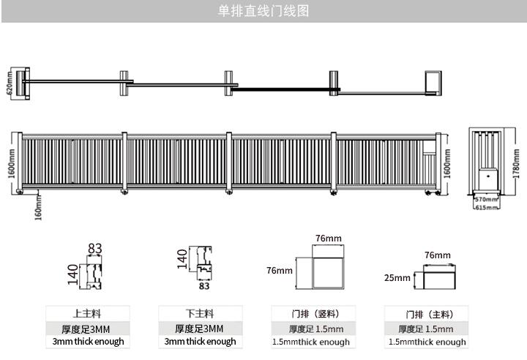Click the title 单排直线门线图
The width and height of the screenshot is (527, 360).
pos(263,11)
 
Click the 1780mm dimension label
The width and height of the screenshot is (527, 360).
pos(515,163)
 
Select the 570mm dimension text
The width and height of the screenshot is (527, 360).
pos(485,199)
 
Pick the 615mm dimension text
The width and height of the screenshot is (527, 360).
pos(485,207)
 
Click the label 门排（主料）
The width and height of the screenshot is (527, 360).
pos(428,313)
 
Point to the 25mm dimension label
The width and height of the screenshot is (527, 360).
pos(397,278)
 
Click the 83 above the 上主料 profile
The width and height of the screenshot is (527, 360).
pos(94,249)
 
